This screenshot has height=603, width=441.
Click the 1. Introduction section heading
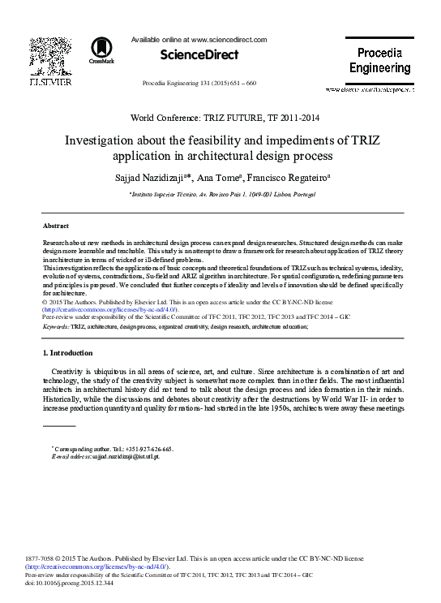(67, 353)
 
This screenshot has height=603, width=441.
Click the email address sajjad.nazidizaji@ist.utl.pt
(117, 457)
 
